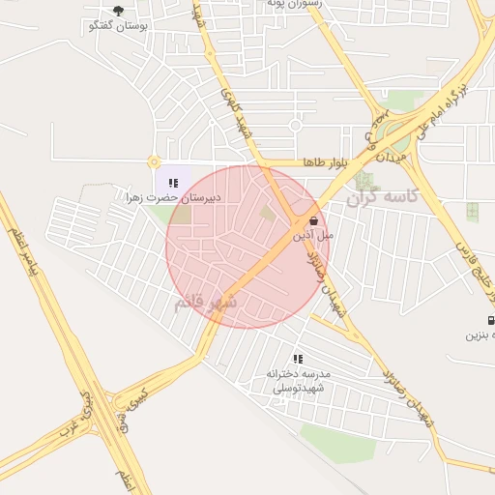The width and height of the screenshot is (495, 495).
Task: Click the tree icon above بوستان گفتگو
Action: (x=118, y=11)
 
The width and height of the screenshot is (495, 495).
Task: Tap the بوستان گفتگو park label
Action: (x=117, y=26)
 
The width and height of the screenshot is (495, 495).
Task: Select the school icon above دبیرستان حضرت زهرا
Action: (x=173, y=182)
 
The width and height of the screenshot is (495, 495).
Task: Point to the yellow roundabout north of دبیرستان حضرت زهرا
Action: (x=153, y=162)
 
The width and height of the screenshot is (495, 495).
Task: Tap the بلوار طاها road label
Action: (x=323, y=161)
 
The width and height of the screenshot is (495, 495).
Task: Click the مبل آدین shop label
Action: (x=313, y=235)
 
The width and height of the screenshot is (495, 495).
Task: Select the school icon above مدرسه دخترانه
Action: (x=298, y=359)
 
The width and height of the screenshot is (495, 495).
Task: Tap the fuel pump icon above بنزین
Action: (x=491, y=321)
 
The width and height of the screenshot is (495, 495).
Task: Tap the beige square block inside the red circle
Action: (x=267, y=212)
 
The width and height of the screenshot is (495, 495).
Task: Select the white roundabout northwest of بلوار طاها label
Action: (x=295, y=125)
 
